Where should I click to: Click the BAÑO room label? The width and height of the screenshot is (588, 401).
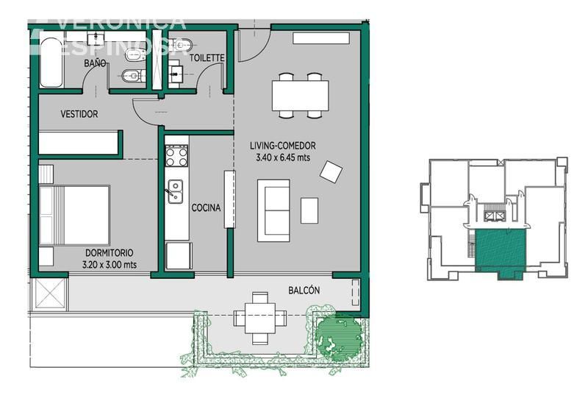click(95, 63)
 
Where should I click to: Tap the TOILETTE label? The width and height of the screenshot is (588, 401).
click(207, 58)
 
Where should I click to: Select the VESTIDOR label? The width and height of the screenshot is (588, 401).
click(79, 114)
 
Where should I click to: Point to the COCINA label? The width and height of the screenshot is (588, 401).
click(206, 207)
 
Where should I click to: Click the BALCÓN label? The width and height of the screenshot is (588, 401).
click(304, 290)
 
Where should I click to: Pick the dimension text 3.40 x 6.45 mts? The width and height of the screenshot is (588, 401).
click(283, 157)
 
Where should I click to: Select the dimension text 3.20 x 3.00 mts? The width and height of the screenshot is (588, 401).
click(110, 265)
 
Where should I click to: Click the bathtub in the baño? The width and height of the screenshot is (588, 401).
click(51, 63)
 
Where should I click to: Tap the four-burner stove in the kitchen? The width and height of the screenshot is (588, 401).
click(176, 157)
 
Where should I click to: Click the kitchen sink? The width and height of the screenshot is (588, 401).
click(175, 191)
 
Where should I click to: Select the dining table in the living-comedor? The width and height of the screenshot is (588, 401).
click(301, 96)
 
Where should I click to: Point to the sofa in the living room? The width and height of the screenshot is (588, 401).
click(273, 210)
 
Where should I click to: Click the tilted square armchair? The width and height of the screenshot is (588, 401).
click(331, 171)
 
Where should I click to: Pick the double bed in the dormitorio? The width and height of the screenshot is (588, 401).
click(74, 216)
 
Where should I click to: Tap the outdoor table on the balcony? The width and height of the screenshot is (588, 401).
click(260, 318)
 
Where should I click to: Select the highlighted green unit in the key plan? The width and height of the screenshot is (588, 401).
click(501, 252)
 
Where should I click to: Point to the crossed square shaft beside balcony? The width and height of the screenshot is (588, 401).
click(49, 294)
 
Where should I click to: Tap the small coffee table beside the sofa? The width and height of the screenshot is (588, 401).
click(309, 210)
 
